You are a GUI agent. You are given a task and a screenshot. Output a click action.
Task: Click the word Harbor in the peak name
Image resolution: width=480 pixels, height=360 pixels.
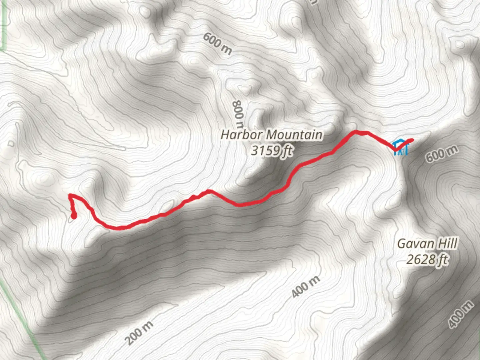241,135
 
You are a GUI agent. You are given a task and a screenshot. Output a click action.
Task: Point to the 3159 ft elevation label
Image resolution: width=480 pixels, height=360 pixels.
272,150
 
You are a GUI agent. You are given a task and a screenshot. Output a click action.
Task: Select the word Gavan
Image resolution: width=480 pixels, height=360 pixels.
412,244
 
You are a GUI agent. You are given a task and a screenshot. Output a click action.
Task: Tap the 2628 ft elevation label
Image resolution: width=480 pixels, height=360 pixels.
427,259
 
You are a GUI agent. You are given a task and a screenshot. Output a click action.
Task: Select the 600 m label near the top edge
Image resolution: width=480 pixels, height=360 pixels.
217,44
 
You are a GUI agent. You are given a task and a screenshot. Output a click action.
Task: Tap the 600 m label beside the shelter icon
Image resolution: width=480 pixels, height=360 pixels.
441,154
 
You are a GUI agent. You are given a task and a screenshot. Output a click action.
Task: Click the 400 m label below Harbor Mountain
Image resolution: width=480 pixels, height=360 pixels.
306,286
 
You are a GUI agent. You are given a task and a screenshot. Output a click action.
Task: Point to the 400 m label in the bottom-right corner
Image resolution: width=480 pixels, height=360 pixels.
460,314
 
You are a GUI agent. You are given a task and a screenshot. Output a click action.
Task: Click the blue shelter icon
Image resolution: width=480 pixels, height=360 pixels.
400,147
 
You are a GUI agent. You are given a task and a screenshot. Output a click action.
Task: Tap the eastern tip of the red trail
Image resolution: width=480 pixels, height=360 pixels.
412,140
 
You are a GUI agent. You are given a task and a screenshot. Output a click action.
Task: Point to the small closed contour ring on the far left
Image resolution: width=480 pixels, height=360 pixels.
11,144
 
